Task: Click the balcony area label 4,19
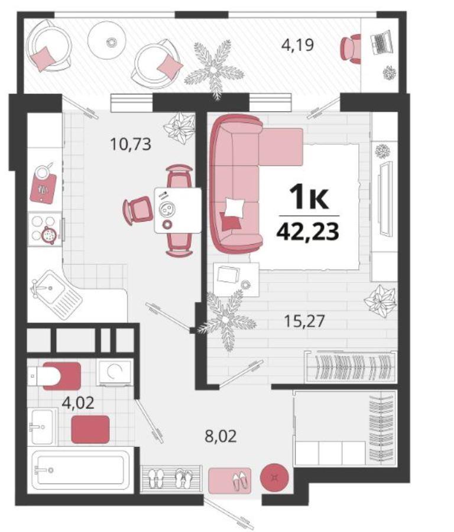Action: click(297, 45)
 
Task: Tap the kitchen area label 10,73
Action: click(131, 144)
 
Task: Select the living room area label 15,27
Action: click(304, 321)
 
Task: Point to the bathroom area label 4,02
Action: click(77, 403)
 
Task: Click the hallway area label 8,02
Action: click(220, 436)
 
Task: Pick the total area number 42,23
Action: click(308, 232)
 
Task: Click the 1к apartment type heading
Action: click(308, 197)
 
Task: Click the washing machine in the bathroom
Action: click(114, 372)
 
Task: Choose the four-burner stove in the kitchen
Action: click(45, 229)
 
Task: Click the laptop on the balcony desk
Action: click(381, 43)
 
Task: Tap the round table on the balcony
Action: click(107, 40)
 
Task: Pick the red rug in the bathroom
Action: click(90, 430)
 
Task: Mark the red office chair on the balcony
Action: click(351, 48)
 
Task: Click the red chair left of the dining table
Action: click(138, 210)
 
